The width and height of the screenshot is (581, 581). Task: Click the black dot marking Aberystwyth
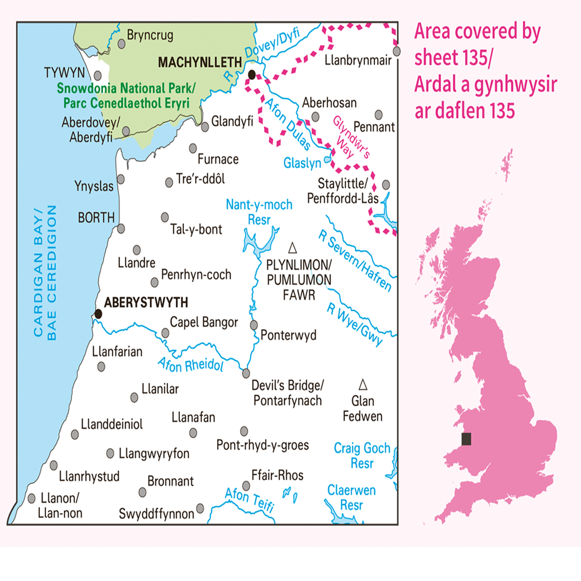coord(98,314)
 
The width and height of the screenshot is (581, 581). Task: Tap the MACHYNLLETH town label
coord(200,63)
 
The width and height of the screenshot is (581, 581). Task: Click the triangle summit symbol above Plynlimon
coord(292,248)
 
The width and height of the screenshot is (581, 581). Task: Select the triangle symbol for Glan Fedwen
coord(363,385)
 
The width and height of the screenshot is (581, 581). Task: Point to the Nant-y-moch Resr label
coord(259,212)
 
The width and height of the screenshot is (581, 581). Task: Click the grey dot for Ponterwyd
coord(254,325)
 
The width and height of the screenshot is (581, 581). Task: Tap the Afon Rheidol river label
coord(191,365)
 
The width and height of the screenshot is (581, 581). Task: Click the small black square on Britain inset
coord(466,439)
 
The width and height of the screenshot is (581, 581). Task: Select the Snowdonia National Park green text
coord(126,96)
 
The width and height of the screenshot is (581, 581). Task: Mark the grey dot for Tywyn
coord(97,75)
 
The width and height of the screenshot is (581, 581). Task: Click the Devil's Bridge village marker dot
coord(246,373)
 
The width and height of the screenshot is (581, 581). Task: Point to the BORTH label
coord(96,218)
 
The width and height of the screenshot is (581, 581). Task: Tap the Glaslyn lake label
coord(302,163)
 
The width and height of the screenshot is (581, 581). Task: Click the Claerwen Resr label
coord(351,497)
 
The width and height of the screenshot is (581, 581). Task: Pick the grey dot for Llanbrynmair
coord(397,51)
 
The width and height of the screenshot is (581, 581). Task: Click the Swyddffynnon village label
coord(156,514)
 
